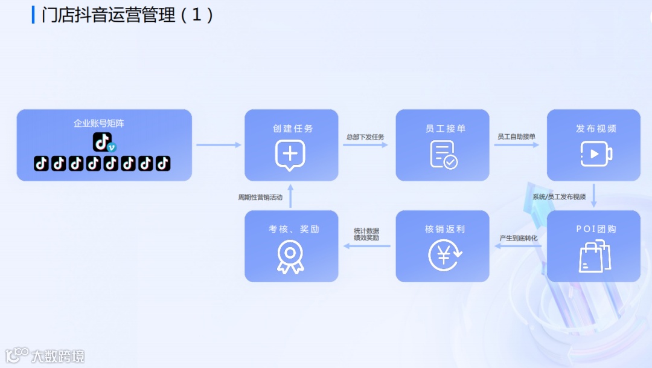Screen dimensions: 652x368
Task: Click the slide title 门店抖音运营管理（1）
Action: (127, 15)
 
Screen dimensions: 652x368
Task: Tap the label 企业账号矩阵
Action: (99, 123)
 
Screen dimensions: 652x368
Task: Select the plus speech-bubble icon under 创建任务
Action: (290, 155)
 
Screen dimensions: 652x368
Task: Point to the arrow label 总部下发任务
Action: (365, 137)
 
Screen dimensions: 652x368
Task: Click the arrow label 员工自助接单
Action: (516, 137)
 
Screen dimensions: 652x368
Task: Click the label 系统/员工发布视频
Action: (559, 197)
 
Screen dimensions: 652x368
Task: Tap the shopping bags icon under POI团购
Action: (595, 256)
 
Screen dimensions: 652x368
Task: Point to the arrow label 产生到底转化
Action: (518, 238)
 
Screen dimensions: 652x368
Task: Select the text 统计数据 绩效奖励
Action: (366, 234)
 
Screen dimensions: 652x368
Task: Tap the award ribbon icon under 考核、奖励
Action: (290, 257)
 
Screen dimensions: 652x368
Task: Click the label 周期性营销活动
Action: (260, 197)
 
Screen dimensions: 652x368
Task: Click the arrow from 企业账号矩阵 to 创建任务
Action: (218, 145)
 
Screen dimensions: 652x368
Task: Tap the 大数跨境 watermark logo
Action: (45, 355)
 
